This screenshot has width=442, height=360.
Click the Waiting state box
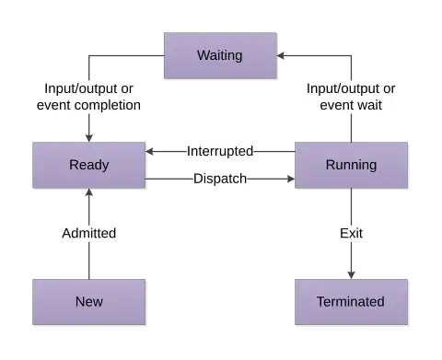point(220,55)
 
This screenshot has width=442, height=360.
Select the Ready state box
point(89,166)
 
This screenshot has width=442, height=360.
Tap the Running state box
point(351,166)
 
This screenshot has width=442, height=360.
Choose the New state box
point(89,301)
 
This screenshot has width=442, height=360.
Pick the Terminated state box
point(351,301)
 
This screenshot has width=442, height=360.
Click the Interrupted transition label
point(220,151)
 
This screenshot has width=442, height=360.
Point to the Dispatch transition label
point(220,179)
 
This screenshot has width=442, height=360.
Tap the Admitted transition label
point(89,233)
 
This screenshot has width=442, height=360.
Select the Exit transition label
point(351,233)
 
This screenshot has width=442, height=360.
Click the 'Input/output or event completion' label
point(89,97)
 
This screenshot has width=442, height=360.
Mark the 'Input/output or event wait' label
point(351,97)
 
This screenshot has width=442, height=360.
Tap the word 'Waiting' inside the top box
point(220,55)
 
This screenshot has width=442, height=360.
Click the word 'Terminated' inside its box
point(351,301)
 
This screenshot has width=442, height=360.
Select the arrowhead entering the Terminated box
point(351,271)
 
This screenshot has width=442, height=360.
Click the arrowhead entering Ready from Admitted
point(89,195)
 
